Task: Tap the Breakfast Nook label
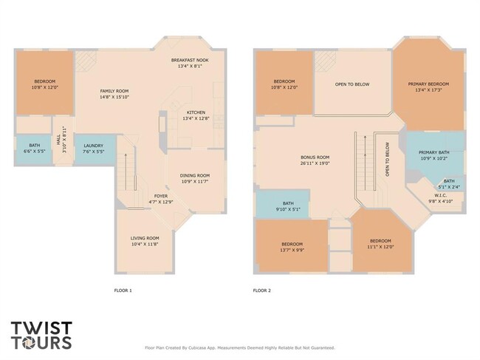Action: (x=190, y=63)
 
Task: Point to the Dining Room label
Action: (x=195, y=178)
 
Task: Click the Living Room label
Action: (x=145, y=240)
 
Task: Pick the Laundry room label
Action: (x=93, y=149)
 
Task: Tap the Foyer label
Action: (x=160, y=199)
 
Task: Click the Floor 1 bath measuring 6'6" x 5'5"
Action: (x=35, y=148)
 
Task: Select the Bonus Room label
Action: (x=315, y=160)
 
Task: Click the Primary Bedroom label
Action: (x=428, y=87)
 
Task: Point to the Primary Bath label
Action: (x=434, y=155)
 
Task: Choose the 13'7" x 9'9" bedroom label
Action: (x=292, y=246)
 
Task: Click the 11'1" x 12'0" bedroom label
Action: (x=380, y=244)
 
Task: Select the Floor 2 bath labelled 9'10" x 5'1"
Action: (x=288, y=206)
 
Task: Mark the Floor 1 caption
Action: (x=123, y=291)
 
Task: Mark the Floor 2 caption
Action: (x=262, y=291)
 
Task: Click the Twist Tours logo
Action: (x=41, y=335)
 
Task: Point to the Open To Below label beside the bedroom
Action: (x=352, y=84)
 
